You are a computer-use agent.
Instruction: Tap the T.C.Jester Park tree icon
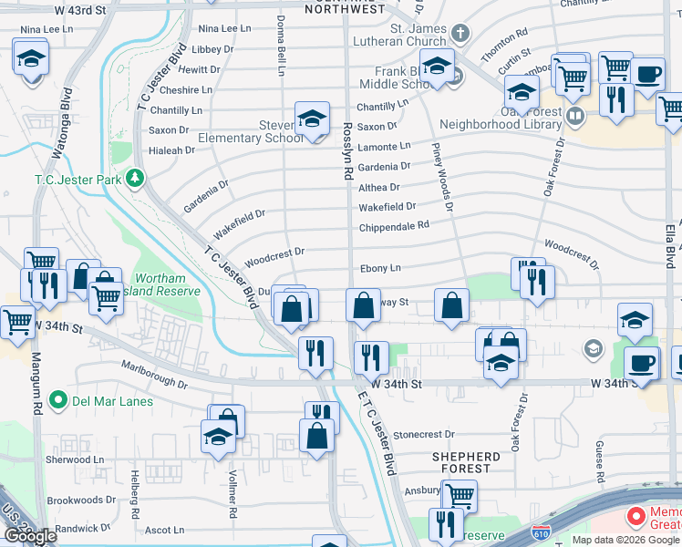(x=136, y=177)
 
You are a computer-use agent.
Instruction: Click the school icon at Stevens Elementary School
(x=312, y=119)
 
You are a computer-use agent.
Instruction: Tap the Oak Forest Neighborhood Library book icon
(x=575, y=116)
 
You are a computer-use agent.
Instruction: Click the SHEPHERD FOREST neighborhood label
(x=467, y=463)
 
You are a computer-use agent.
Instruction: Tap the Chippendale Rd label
(x=393, y=225)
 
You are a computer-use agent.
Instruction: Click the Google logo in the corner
(x=30, y=536)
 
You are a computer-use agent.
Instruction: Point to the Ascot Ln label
(x=164, y=529)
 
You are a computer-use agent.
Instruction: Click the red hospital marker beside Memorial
(x=635, y=517)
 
